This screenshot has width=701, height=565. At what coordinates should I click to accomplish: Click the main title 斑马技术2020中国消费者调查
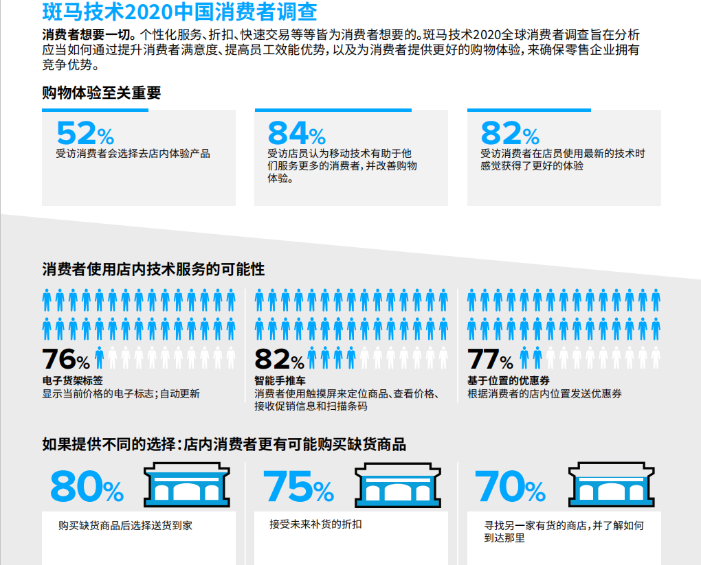point(180,12)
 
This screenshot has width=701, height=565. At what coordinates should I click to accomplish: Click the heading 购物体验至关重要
point(102,93)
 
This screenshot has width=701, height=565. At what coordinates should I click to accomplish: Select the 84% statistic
point(296,133)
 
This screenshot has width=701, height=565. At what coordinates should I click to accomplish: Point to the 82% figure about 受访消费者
point(510,133)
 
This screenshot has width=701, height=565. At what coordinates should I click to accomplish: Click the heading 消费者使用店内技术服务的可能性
point(153,269)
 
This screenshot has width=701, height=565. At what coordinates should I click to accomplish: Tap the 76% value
point(66,360)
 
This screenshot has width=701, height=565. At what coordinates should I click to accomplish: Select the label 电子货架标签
point(72,380)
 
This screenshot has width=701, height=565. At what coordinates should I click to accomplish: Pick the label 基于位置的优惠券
point(508,380)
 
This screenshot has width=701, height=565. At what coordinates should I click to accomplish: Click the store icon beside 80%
point(186,486)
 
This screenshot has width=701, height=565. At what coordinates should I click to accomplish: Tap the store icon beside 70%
point(610,486)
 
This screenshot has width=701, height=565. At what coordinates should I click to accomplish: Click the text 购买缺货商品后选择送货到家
point(125,526)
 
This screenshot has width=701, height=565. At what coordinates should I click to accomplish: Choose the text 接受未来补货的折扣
point(315,524)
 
